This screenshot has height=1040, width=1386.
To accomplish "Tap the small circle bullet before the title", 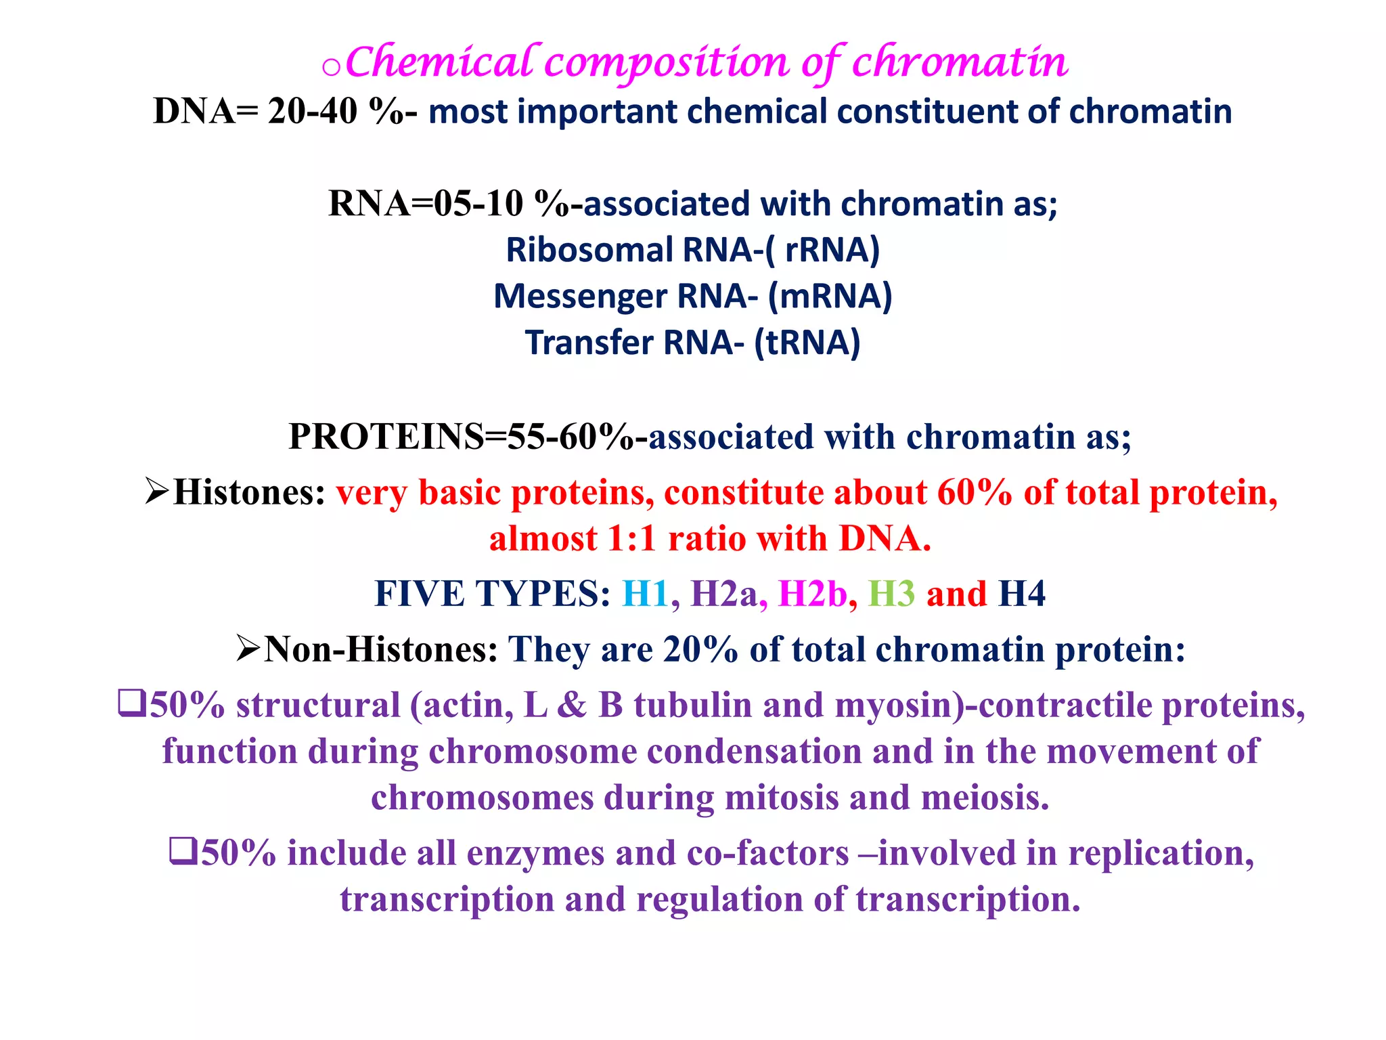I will (x=331, y=68).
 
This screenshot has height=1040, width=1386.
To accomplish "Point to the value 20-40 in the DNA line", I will (x=312, y=111).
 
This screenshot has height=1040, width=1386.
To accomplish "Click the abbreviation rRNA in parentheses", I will (x=831, y=250).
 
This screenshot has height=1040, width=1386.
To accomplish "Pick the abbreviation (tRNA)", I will (x=807, y=343).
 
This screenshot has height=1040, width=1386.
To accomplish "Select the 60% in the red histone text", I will (x=974, y=493).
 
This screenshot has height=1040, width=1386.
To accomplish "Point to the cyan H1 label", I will (x=645, y=594).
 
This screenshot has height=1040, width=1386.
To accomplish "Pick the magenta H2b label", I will (x=812, y=594).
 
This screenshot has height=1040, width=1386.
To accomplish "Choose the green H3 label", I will (x=891, y=594).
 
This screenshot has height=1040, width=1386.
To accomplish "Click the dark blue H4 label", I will (x=1022, y=594).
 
